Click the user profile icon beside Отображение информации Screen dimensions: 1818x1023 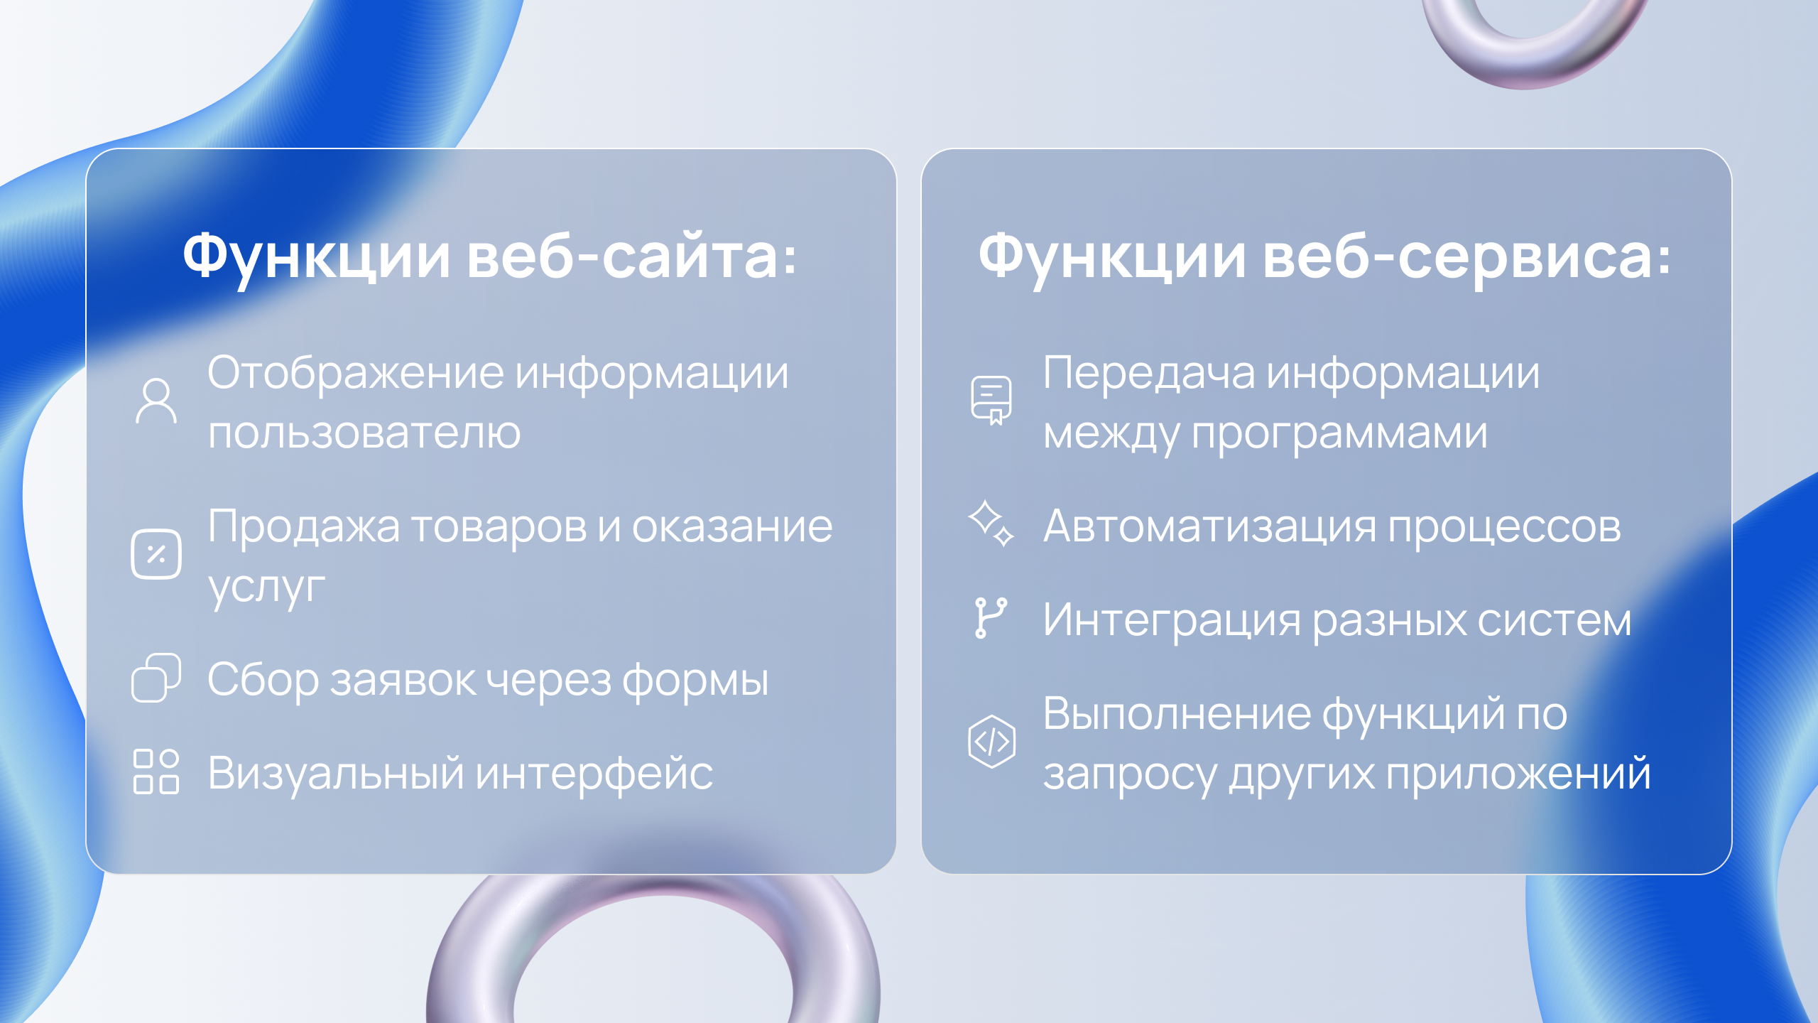pyautogui.click(x=156, y=401)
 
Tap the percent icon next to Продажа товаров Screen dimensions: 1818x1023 pyautogui.click(x=156, y=554)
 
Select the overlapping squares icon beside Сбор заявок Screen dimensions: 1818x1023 pyautogui.click(x=156, y=678)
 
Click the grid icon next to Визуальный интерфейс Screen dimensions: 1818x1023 pyautogui.click(x=156, y=772)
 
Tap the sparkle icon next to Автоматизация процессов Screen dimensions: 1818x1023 pyautogui.click(x=991, y=524)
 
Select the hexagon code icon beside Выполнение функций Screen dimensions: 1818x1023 pyautogui.click(x=991, y=742)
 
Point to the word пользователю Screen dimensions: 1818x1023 pyautogui.click(x=364, y=433)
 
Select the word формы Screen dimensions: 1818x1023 pyautogui.click(x=695, y=681)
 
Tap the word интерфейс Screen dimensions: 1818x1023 pyautogui.click(x=594, y=773)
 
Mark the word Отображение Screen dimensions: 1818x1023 pyautogui.click(x=356, y=372)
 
